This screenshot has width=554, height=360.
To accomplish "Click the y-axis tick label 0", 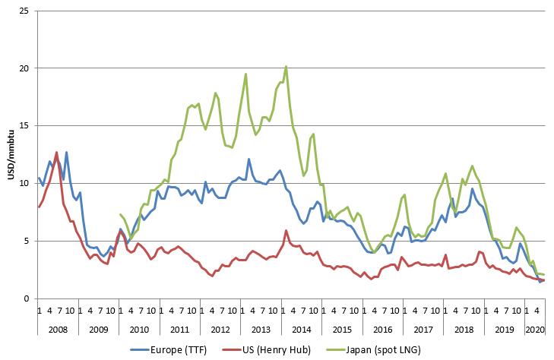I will coord(27,298).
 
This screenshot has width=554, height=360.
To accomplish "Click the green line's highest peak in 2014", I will coord(286,66).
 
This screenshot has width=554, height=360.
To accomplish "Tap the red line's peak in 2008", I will coord(56,152).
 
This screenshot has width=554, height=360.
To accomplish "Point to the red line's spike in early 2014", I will coord(286,230).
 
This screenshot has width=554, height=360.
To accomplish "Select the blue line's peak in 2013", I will coord(249,159).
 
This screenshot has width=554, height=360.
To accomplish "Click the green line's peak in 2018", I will coord(472,166).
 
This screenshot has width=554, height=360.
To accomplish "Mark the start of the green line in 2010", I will coord(121,214).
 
